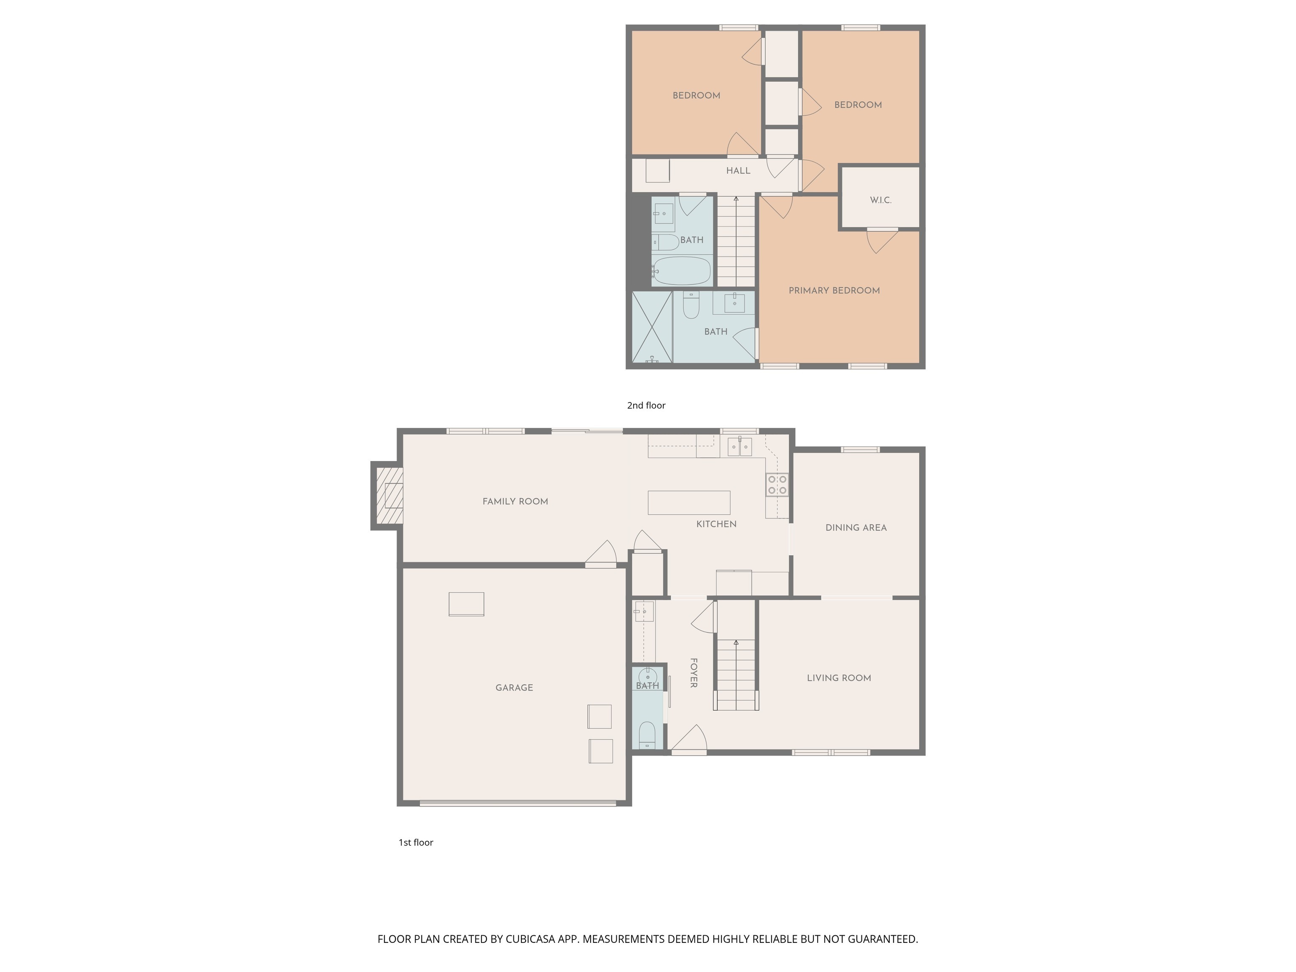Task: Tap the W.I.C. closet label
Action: (x=880, y=200)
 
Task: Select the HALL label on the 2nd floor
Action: (x=738, y=170)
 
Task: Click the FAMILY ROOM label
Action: (x=515, y=502)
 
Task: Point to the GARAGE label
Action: (x=514, y=688)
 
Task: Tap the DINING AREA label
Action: (x=856, y=528)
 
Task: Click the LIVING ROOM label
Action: (x=839, y=678)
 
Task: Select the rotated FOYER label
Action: (x=693, y=672)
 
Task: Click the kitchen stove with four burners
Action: (x=777, y=485)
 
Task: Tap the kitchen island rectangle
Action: (x=689, y=503)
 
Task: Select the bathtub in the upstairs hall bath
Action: (x=682, y=271)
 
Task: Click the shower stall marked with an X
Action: (x=652, y=327)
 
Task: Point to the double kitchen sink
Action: (x=740, y=446)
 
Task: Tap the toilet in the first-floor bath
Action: (x=647, y=735)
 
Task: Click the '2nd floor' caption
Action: (x=646, y=405)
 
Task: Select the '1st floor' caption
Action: (x=416, y=842)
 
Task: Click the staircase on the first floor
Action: (x=736, y=674)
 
